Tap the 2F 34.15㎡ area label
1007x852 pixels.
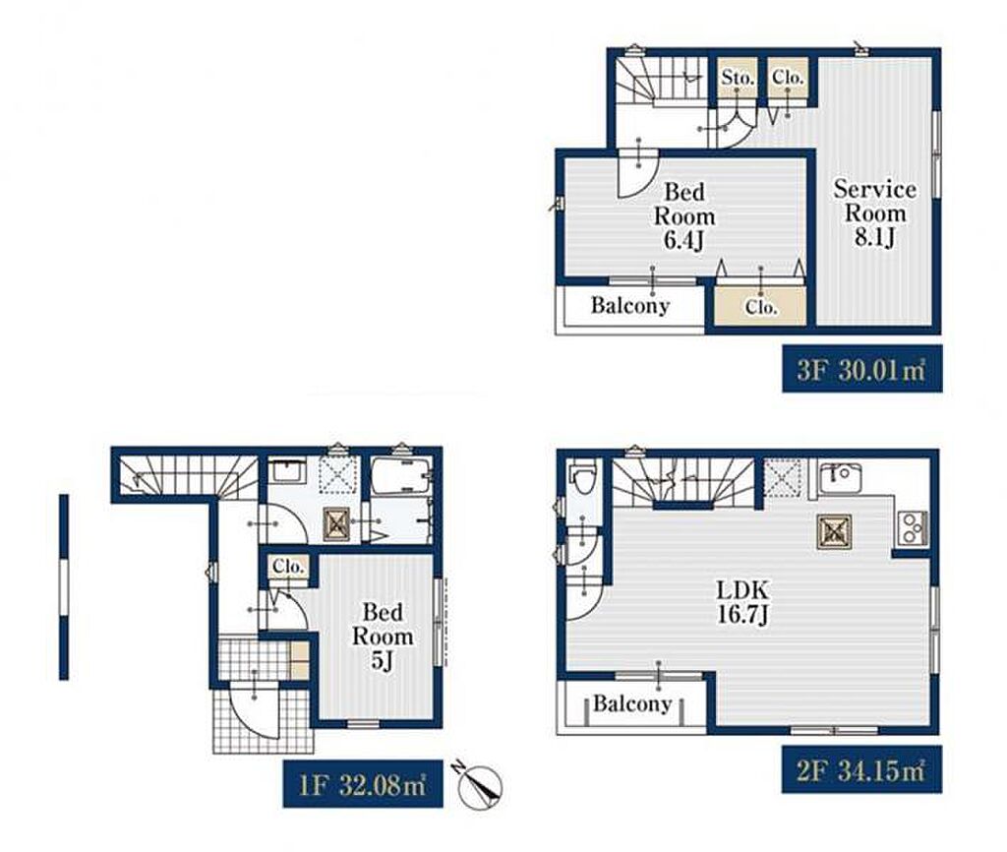861,769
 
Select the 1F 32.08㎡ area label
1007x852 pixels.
363,784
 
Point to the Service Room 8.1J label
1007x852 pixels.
874,213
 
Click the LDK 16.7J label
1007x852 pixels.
742,602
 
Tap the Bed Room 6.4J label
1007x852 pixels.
684,215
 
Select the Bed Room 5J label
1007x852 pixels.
383,636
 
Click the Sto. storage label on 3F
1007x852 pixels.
737,78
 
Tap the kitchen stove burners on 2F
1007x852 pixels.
912,528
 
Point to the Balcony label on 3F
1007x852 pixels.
630,306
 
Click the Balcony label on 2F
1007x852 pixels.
632,703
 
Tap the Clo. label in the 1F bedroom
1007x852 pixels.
287,568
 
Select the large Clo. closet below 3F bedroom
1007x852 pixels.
761,306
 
